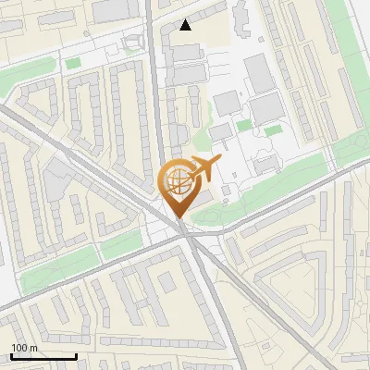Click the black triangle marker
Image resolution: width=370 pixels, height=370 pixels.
point(186,25)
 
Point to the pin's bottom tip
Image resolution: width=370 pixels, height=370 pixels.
point(179,218)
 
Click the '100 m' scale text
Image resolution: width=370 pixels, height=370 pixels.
point(24,348)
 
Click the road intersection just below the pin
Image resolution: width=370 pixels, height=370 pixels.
point(189,236)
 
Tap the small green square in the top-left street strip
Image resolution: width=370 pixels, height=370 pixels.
point(73,63)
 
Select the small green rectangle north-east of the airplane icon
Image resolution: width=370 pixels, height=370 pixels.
point(244,125)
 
